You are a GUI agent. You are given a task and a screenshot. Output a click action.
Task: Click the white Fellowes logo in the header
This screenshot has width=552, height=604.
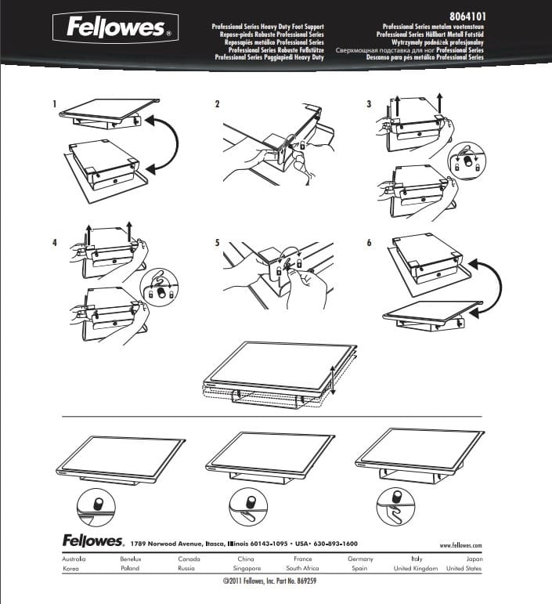pyautogui.click(x=115, y=29)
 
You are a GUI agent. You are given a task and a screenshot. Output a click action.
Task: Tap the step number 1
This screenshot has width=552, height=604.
pyautogui.click(x=55, y=104)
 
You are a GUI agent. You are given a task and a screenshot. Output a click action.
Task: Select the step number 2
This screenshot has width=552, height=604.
pyautogui.click(x=218, y=104)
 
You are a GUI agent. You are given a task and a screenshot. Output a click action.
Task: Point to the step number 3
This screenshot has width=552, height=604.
pyautogui.click(x=369, y=104)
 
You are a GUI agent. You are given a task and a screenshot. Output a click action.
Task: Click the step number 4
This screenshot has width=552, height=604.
pyautogui.click(x=55, y=243)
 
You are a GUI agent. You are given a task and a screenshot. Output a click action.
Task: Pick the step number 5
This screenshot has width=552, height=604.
pyautogui.click(x=218, y=243)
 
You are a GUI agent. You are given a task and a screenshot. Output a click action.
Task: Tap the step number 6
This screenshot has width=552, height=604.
pyautogui.click(x=369, y=243)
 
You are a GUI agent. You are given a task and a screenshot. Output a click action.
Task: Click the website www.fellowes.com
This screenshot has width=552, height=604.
pyautogui.click(x=460, y=544)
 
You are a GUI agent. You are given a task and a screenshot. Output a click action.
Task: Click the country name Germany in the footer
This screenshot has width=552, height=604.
pyautogui.click(x=360, y=559)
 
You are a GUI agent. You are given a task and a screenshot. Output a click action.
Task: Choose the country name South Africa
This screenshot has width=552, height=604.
pyautogui.click(x=302, y=568)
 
